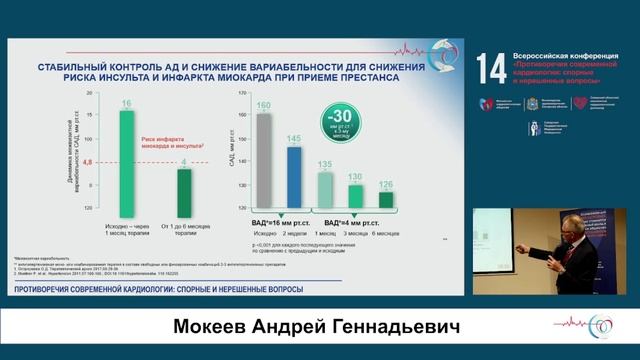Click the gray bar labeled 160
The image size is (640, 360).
[x=264, y=160]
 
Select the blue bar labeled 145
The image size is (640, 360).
[x=294, y=176]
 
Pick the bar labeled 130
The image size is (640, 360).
[x=355, y=194]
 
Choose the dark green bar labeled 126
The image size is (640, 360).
[x=386, y=198]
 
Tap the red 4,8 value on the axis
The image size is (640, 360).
[x=87, y=161]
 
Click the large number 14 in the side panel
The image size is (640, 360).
[x=491, y=68]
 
